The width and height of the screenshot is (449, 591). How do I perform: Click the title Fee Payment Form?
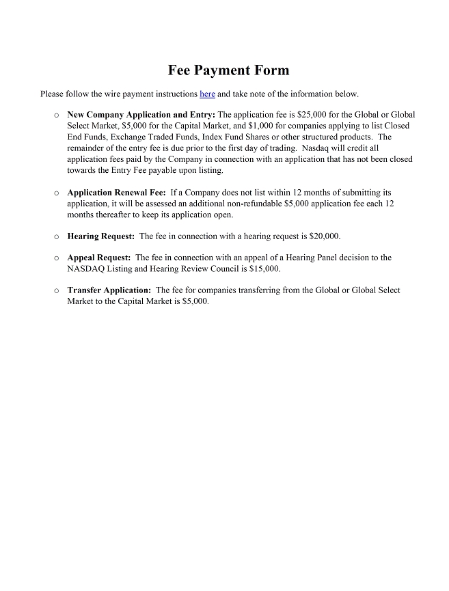click(228, 70)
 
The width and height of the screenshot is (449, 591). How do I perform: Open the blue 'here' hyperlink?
click(207, 94)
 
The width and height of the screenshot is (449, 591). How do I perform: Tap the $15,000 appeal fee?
click(265, 269)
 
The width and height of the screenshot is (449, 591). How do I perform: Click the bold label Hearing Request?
click(100, 236)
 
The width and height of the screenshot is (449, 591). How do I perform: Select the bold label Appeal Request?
click(98, 258)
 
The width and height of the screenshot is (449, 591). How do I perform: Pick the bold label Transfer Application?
click(109, 290)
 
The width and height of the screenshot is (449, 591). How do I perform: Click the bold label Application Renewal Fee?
click(116, 193)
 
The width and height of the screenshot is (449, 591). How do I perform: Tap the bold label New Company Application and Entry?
click(141, 115)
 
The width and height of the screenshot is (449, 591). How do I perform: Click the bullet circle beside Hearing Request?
click(56, 236)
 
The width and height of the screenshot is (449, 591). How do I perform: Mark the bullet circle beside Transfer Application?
click(56, 290)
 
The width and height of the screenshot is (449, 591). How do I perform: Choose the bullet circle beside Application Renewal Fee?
click(56, 193)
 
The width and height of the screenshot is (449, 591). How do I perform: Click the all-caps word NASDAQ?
click(86, 269)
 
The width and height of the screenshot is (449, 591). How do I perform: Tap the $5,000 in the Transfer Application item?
click(195, 301)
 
